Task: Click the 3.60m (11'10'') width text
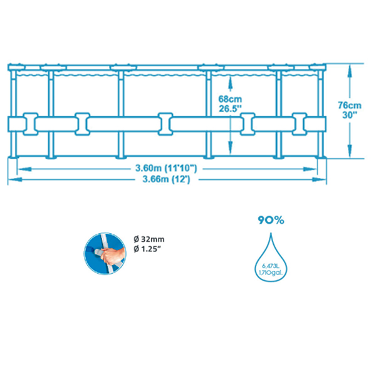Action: tap(166, 168)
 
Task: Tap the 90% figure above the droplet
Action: tap(271, 220)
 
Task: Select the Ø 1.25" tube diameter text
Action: tap(149, 251)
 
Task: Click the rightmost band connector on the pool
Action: tap(299, 123)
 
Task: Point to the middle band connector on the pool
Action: tap(165, 123)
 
